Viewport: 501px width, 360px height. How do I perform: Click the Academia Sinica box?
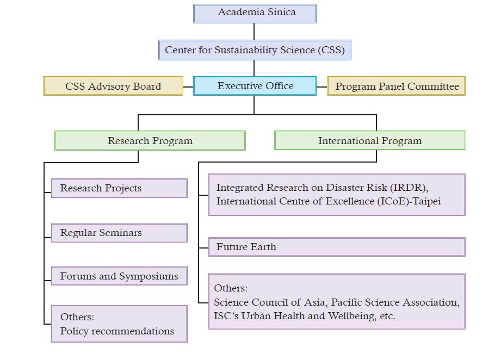click(x=255, y=13)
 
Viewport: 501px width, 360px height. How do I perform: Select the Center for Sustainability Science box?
click(x=255, y=50)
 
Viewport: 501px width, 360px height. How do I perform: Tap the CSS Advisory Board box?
click(x=113, y=86)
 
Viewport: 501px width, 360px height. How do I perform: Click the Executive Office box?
click(x=255, y=86)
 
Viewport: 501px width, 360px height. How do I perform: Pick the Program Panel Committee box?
click(x=397, y=86)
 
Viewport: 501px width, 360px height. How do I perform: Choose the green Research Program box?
click(x=150, y=141)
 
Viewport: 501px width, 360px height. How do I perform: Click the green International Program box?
click(x=370, y=141)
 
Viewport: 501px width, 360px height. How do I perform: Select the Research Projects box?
click(x=119, y=188)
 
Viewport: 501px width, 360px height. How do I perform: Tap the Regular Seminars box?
click(x=119, y=233)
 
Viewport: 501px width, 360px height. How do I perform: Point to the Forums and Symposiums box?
click(x=119, y=276)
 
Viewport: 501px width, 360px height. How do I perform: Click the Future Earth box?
click(x=337, y=247)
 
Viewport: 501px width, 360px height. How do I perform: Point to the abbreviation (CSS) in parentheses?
click(x=331, y=50)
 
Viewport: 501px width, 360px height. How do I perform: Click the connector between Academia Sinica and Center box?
click(x=254, y=31)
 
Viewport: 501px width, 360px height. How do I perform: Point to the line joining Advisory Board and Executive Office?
click(x=188, y=86)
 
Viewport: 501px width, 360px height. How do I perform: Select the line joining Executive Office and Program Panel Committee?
click(x=321, y=86)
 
